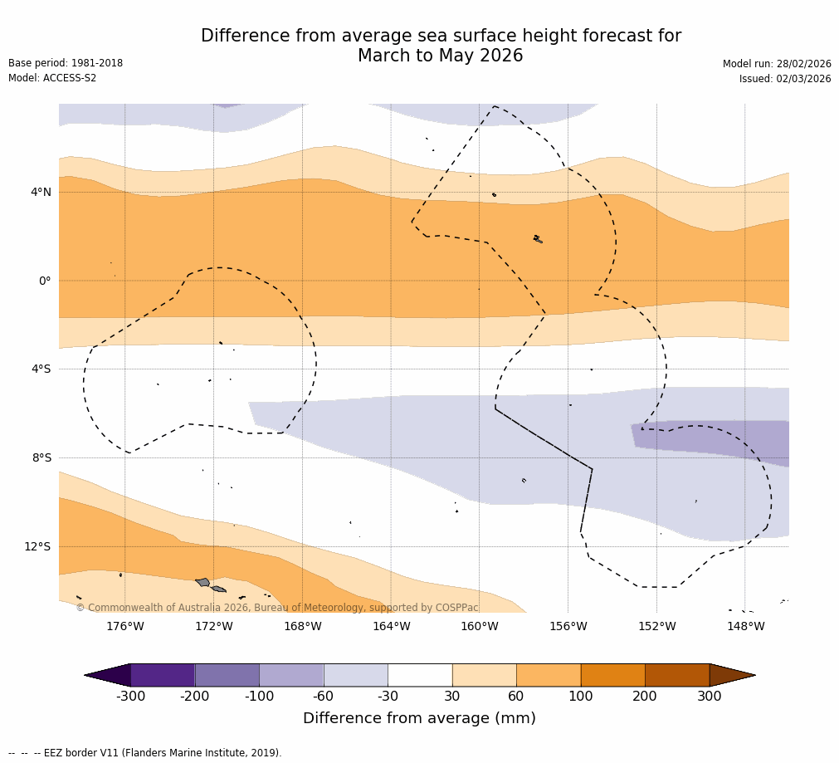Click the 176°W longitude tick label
click(124, 626)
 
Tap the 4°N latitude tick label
click(41, 193)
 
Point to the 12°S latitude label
click(37, 546)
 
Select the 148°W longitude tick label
click(745, 626)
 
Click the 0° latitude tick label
click(44, 281)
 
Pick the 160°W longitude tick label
click(480, 626)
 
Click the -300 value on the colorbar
click(131, 697)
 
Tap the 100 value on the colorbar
click(581, 697)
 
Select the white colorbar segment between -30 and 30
click(420, 675)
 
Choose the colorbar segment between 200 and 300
click(677, 675)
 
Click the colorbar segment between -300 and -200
click(163, 675)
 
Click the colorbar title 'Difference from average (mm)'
click(419, 718)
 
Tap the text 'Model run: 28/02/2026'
click(777, 64)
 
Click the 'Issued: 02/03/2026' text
click(785, 79)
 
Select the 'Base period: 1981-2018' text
click(66, 63)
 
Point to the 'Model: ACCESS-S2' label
click(52, 78)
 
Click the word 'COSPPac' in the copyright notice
click(457, 608)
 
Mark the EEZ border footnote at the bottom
click(145, 753)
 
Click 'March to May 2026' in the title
click(440, 56)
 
